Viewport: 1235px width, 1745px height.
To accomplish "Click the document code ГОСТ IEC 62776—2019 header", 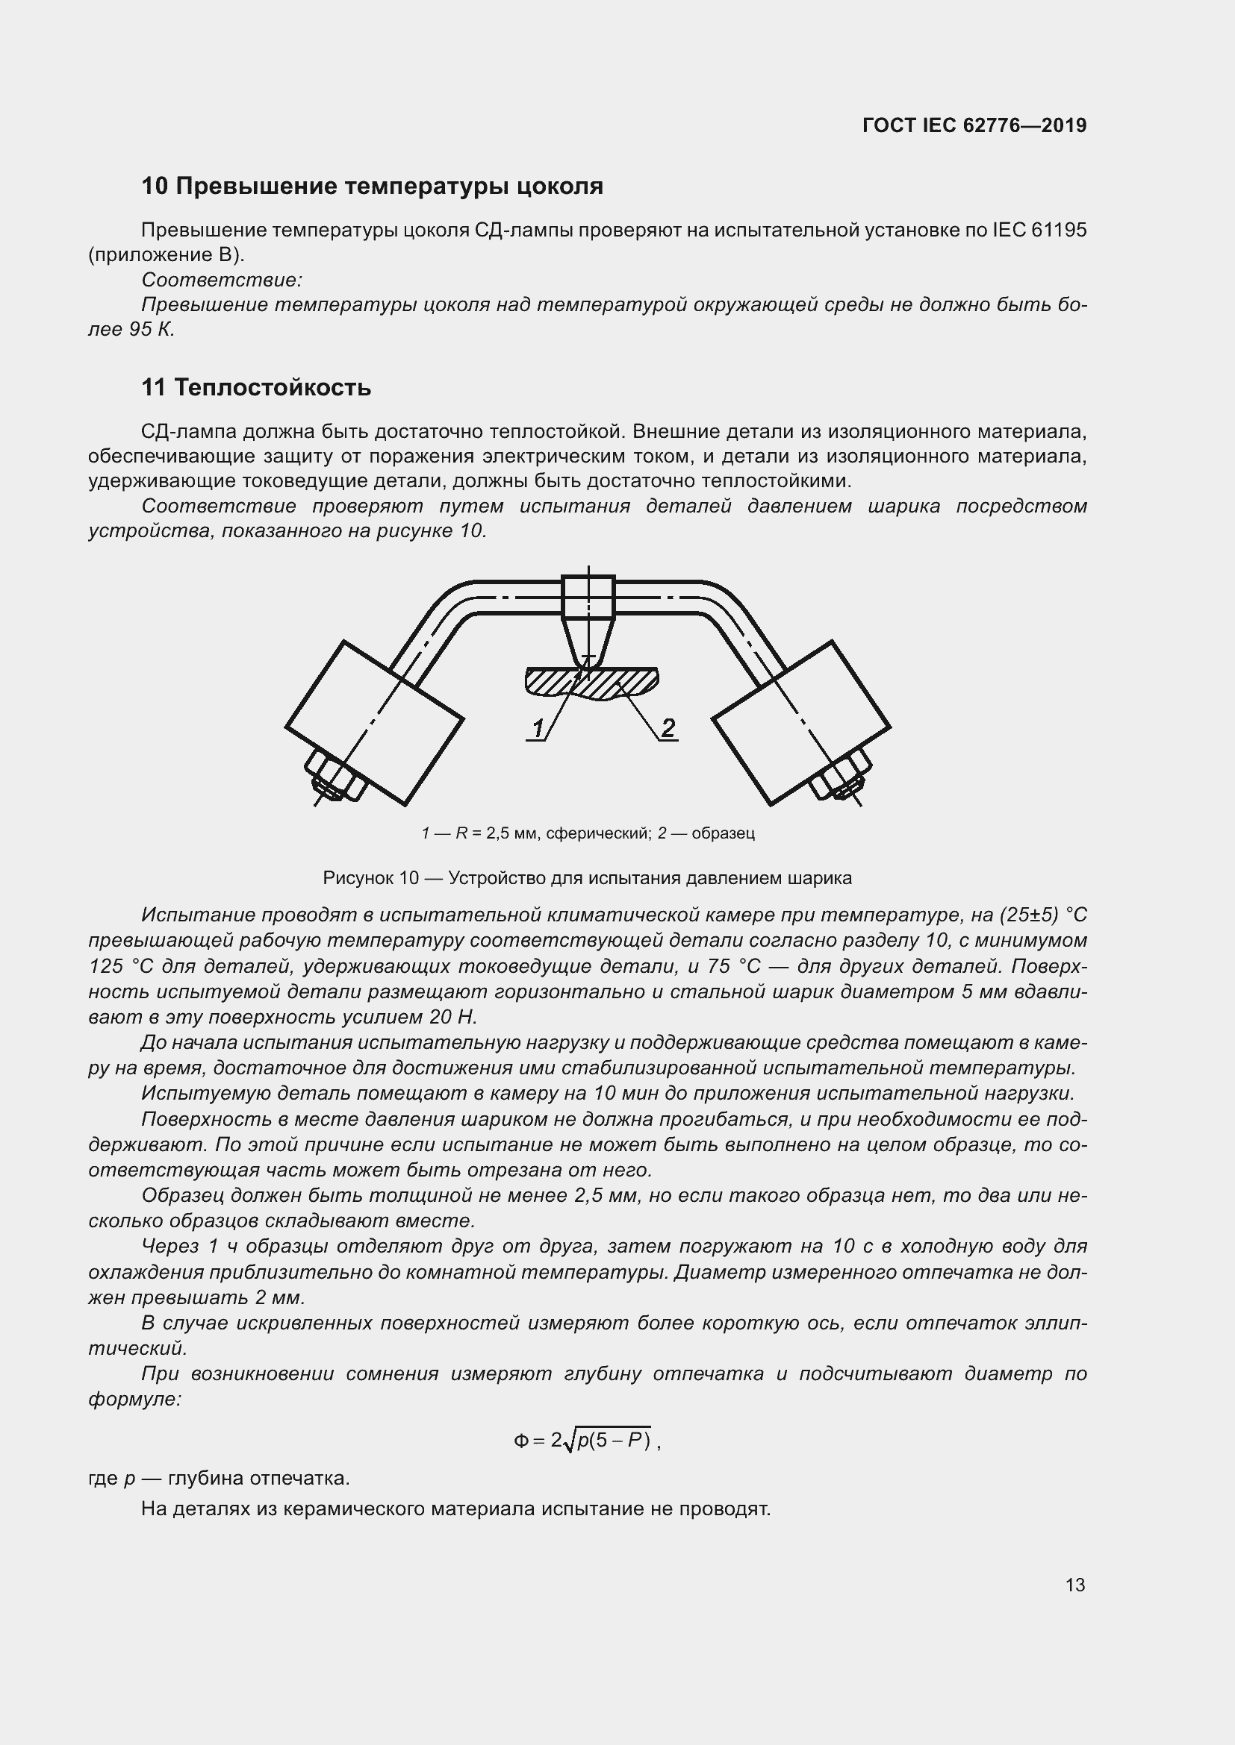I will [974, 125].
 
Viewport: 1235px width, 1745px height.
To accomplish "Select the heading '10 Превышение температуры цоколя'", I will [372, 187].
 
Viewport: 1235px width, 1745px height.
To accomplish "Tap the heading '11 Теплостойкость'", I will [256, 388].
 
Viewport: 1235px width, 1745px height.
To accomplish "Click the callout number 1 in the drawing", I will [538, 728].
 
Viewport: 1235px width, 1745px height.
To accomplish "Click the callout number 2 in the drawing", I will [668, 727].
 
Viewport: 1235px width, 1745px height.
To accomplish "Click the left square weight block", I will [375, 723].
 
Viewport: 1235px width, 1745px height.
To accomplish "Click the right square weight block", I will [800, 723].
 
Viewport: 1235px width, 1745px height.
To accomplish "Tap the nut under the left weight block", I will [335, 777].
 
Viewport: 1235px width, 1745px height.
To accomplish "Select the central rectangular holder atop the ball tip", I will [588, 597].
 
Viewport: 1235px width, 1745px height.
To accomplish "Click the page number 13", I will [1074, 1585].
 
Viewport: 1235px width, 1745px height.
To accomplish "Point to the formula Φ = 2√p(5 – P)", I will [586, 1440].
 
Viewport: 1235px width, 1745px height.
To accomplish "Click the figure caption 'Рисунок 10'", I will [371, 879].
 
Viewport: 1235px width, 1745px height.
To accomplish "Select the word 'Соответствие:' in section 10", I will [221, 281].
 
